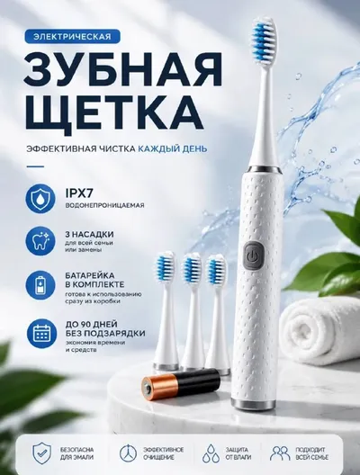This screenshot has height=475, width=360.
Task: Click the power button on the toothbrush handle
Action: pyautogui.click(x=254, y=255)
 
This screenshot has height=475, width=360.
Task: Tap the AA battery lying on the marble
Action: pyautogui.click(x=181, y=383)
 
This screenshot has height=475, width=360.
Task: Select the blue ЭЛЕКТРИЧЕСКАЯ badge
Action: pyautogui.click(x=72, y=37)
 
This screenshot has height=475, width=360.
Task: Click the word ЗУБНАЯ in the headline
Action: pyautogui.click(x=122, y=70)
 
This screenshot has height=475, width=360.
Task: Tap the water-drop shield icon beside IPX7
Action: pyautogui.click(x=40, y=199)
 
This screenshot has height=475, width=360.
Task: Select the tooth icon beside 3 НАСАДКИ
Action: pyautogui.click(x=40, y=241)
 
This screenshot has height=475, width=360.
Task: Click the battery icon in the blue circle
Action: pyautogui.click(x=40, y=286)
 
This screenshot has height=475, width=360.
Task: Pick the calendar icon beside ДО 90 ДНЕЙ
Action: pyautogui.click(x=40, y=333)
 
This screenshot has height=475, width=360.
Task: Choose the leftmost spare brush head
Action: pyautogui.click(x=166, y=310)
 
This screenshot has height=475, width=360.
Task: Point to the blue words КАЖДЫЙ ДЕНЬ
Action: pyautogui.click(x=173, y=148)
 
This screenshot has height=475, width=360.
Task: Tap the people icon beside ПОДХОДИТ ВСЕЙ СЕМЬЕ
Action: pyautogui.click(x=280, y=453)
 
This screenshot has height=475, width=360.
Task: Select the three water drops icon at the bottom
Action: pyautogui.click(x=211, y=453)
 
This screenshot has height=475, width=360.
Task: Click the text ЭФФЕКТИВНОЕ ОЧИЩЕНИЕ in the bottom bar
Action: pyautogui.click(x=163, y=453)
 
